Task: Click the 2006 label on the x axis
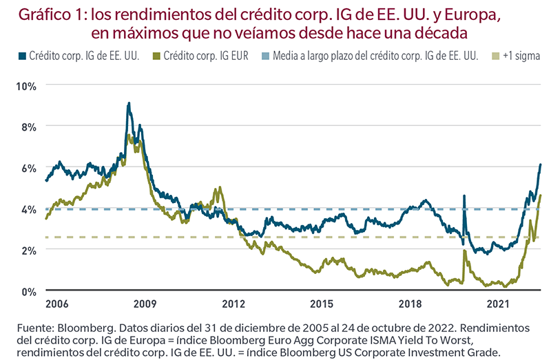point(57,304)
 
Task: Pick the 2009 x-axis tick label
point(145,304)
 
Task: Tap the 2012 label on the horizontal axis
point(233,304)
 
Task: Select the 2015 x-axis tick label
point(322,304)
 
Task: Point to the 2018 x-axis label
point(410,304)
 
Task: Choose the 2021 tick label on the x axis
point(497,304)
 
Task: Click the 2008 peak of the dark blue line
point(129,103)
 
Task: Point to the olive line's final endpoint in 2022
point(541,195)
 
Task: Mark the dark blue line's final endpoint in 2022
point(541,165)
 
